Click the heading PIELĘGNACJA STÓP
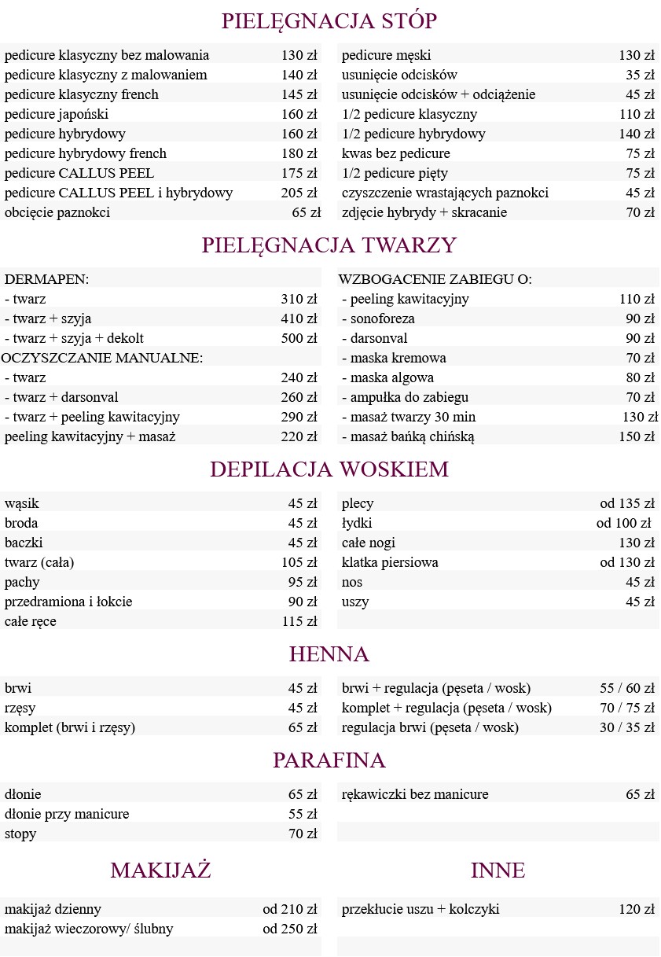[x=329, y=21]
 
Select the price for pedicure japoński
[x=299, y=114]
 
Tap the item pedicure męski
[x=386, y=55]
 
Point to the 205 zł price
[x=299, y=193]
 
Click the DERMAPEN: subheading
[x=46, y=279]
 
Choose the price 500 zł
[x=299, y=338]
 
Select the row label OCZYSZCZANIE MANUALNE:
[x=102, y=358]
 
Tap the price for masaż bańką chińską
[x=637, y=436]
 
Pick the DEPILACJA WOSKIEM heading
[x=329, y=469]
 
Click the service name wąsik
[x=22, y=503]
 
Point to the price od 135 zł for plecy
[x=627, y=503]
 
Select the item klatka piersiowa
[x=390, y=562]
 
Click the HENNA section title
[x=329, y=654]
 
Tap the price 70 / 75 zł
[x=627, y=708]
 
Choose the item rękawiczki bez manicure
[x=415, y=794]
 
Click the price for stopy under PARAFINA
[x=303, y=834]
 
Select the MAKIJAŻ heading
[x=160, y=871]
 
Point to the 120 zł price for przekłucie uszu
[x=637, y=909]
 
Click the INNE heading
[x=498, y=871]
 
